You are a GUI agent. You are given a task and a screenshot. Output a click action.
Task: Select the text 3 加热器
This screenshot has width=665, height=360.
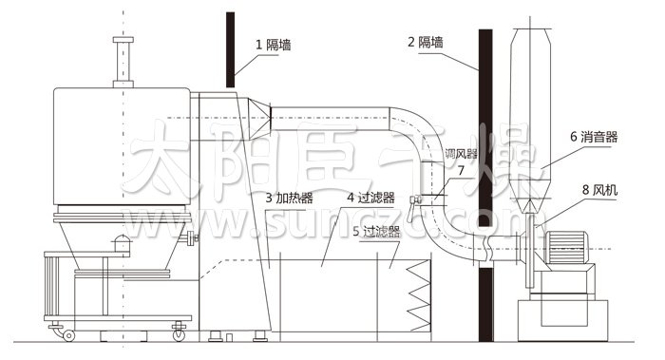coord(290,199)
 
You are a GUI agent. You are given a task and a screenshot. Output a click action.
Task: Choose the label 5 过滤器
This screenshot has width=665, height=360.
coord(375,230)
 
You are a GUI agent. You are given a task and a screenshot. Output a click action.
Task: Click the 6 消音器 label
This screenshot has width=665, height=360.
coord(594,137)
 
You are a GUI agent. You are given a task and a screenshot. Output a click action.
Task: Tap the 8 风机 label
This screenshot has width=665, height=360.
coord(599,190)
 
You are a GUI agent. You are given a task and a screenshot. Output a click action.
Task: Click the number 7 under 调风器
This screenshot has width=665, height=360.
coord(461,171)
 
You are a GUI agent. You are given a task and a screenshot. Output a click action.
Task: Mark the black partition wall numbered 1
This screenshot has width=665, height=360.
coord(230,47)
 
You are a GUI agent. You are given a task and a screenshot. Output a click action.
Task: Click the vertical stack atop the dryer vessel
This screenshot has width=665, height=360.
coord(121,62)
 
